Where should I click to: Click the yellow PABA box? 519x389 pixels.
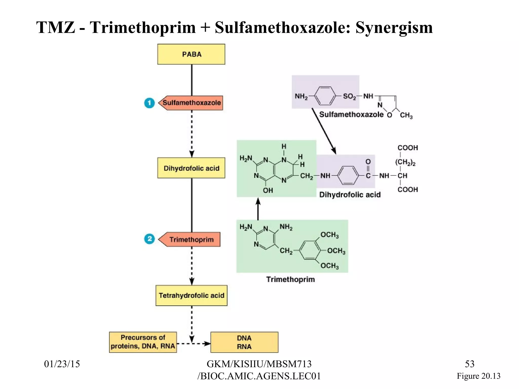[191, 54]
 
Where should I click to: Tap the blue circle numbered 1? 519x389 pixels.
[149, 103]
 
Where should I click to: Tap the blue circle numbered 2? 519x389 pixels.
[149, 239]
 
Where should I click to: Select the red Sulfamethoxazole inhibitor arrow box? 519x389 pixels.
[191, 103]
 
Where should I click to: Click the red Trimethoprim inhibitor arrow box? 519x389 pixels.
[191, 239]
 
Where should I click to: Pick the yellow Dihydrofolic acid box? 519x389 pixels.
[191, 168]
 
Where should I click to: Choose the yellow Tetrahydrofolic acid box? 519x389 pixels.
[191, 295]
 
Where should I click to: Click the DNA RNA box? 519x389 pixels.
[244, 342]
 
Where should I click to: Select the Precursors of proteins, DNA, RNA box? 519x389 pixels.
[143, 342]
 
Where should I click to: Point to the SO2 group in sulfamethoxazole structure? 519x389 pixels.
[349, 96]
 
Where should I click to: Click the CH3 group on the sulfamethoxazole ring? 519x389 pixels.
[406, 115]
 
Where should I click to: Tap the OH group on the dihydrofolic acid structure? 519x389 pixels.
[268, 190]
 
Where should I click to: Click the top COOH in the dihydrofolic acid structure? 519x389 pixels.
[407, 148]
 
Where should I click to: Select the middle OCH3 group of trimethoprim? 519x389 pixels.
[336, 251]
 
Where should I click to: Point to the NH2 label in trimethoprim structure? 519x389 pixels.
[286, 227]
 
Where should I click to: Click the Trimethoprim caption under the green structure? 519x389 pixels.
[290, 279]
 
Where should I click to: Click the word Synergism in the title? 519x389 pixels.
[394, 27]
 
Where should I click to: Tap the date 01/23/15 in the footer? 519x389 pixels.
[62, 364]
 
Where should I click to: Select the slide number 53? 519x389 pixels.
[469, 364]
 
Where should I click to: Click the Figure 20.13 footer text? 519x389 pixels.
[478, 376]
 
